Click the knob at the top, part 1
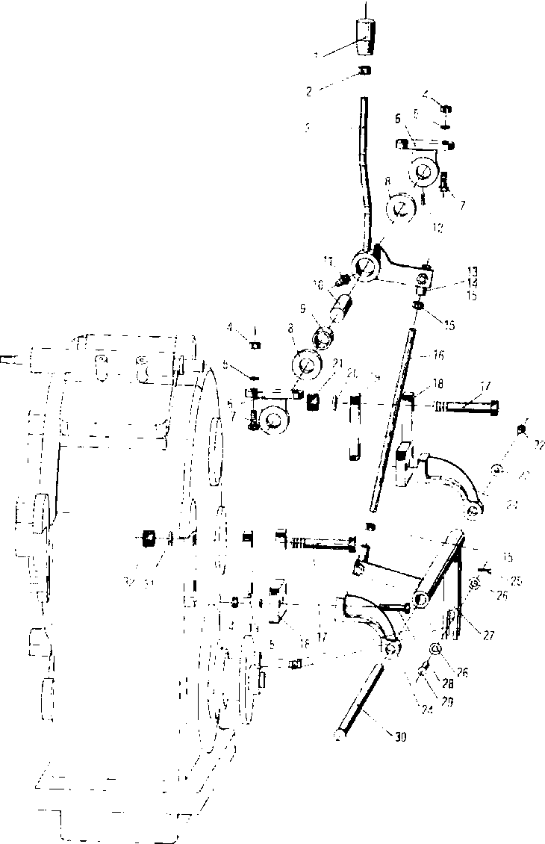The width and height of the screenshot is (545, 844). point(365,38)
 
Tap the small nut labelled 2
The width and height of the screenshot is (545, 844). point(364,70)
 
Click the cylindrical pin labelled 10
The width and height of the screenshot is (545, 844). point(345,306)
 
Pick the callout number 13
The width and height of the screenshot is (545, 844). point(452,270)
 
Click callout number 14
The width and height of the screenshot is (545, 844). point(452,283)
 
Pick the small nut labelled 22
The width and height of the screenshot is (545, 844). point(521,429)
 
